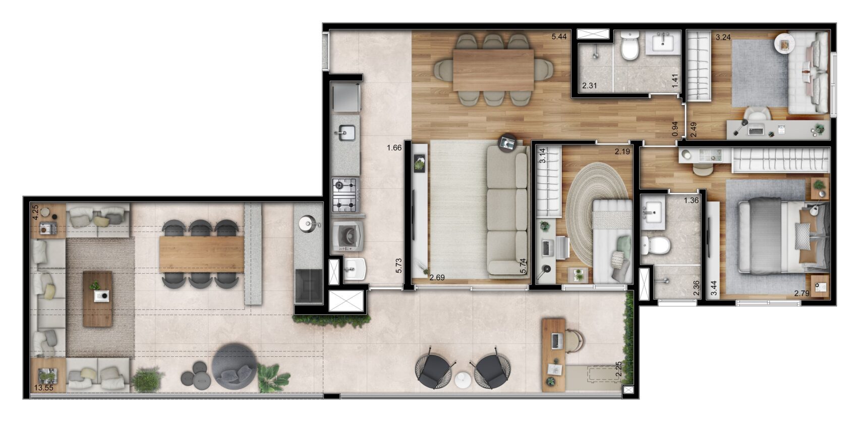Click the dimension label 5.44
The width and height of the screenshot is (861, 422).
[x=559, y=37]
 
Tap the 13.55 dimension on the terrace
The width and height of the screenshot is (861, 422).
[x=43, y=388]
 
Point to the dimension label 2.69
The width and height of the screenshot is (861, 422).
[x=437, y=278]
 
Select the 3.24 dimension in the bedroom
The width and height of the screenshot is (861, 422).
[x=723, y=37]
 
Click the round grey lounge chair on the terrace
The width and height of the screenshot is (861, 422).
[x=234, y=366]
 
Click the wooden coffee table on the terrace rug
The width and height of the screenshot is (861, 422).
[x=98, y=298]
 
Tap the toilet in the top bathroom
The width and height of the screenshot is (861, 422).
[x=630, y=46]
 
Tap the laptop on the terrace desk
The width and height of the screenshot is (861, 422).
[x=557, y=340]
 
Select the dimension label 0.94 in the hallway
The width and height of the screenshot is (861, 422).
[x=675, y=129]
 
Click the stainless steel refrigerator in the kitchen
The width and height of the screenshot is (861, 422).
[x=347, y=97]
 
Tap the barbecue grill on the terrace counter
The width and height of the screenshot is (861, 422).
[x=308, y=286]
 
